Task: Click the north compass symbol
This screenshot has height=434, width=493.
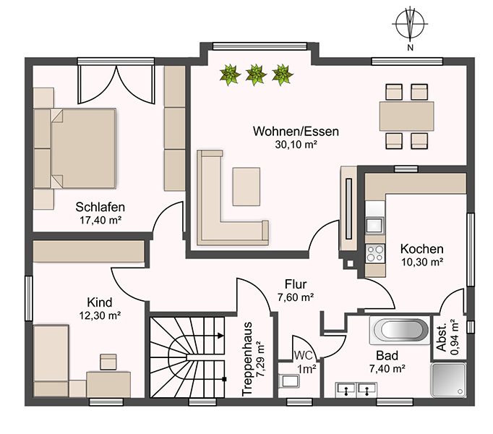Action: pyautogui.click(x=410, y=24)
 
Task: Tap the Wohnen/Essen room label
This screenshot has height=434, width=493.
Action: pyautogui.click(x=296, y=131)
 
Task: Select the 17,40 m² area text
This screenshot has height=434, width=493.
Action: pyautogui.click(x=100, y=221)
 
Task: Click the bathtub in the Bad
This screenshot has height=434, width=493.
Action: pyautogui.click(x=400, y=330)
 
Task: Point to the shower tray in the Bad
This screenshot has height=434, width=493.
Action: pyautogui.click(x=449, y=380)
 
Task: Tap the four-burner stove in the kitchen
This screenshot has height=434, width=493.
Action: pyautogui.click(x=375, y=254)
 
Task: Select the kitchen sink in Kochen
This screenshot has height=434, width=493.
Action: pyautogui.click(x=374, y=225)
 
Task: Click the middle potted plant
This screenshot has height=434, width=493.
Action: pyautogui.click(x=256, y=75)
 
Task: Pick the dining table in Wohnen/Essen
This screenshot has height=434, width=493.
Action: pyautogui.click(x=406, y=116)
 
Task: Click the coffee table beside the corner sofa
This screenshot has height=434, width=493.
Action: pyautogui.click(x=246, y=187)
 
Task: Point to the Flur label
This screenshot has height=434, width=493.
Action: pyautogui.click(x=296, y=284)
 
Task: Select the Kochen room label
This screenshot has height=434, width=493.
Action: pyautogui.click(x=422, y=249)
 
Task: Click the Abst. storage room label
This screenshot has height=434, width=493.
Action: pyautogui.click(x=442, y=337)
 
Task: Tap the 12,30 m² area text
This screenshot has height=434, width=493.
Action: pyautogui.click(x=100, y=315)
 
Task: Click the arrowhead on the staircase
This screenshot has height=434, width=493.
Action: pyautogui.click(x=220, y=336)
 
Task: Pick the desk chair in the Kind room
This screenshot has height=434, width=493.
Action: pyautogui.click(x=108, y=362)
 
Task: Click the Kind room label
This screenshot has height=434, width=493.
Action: pyautogui.click(x=100, y=302)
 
